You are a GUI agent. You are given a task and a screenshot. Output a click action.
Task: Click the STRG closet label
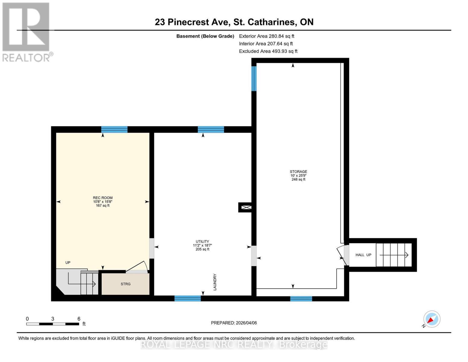click(x=125, y=284)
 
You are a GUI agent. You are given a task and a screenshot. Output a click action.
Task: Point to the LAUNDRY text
click(x=215, y=282)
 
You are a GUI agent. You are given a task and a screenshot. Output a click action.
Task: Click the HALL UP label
click(x=363, y=255)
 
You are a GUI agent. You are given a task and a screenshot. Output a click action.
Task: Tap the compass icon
click(x=432, y=319)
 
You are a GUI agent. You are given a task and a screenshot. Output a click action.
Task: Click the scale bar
click(x=53, y=324)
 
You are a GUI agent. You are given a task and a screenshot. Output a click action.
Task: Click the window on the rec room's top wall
click(x=114, y=130)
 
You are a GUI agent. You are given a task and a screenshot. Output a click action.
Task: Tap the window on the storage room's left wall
click(x=254, y=78)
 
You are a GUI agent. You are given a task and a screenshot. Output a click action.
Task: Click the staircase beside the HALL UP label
click(x=393, y=255)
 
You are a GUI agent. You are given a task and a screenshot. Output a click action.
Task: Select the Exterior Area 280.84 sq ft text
click(x=266, y=36)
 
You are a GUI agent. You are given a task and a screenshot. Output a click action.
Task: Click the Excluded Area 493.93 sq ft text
click(x=268, y=51)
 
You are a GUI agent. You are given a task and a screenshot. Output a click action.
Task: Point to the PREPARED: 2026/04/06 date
click(x=234, y=323)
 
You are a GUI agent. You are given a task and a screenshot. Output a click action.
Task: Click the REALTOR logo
click(x=26, y=32)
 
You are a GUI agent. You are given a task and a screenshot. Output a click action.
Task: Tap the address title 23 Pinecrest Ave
click(x=234, y=22)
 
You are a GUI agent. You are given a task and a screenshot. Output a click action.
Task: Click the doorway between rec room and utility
click(x=152, y=248)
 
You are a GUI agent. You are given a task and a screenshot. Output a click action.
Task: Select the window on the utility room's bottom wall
click(x=187, y=298)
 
